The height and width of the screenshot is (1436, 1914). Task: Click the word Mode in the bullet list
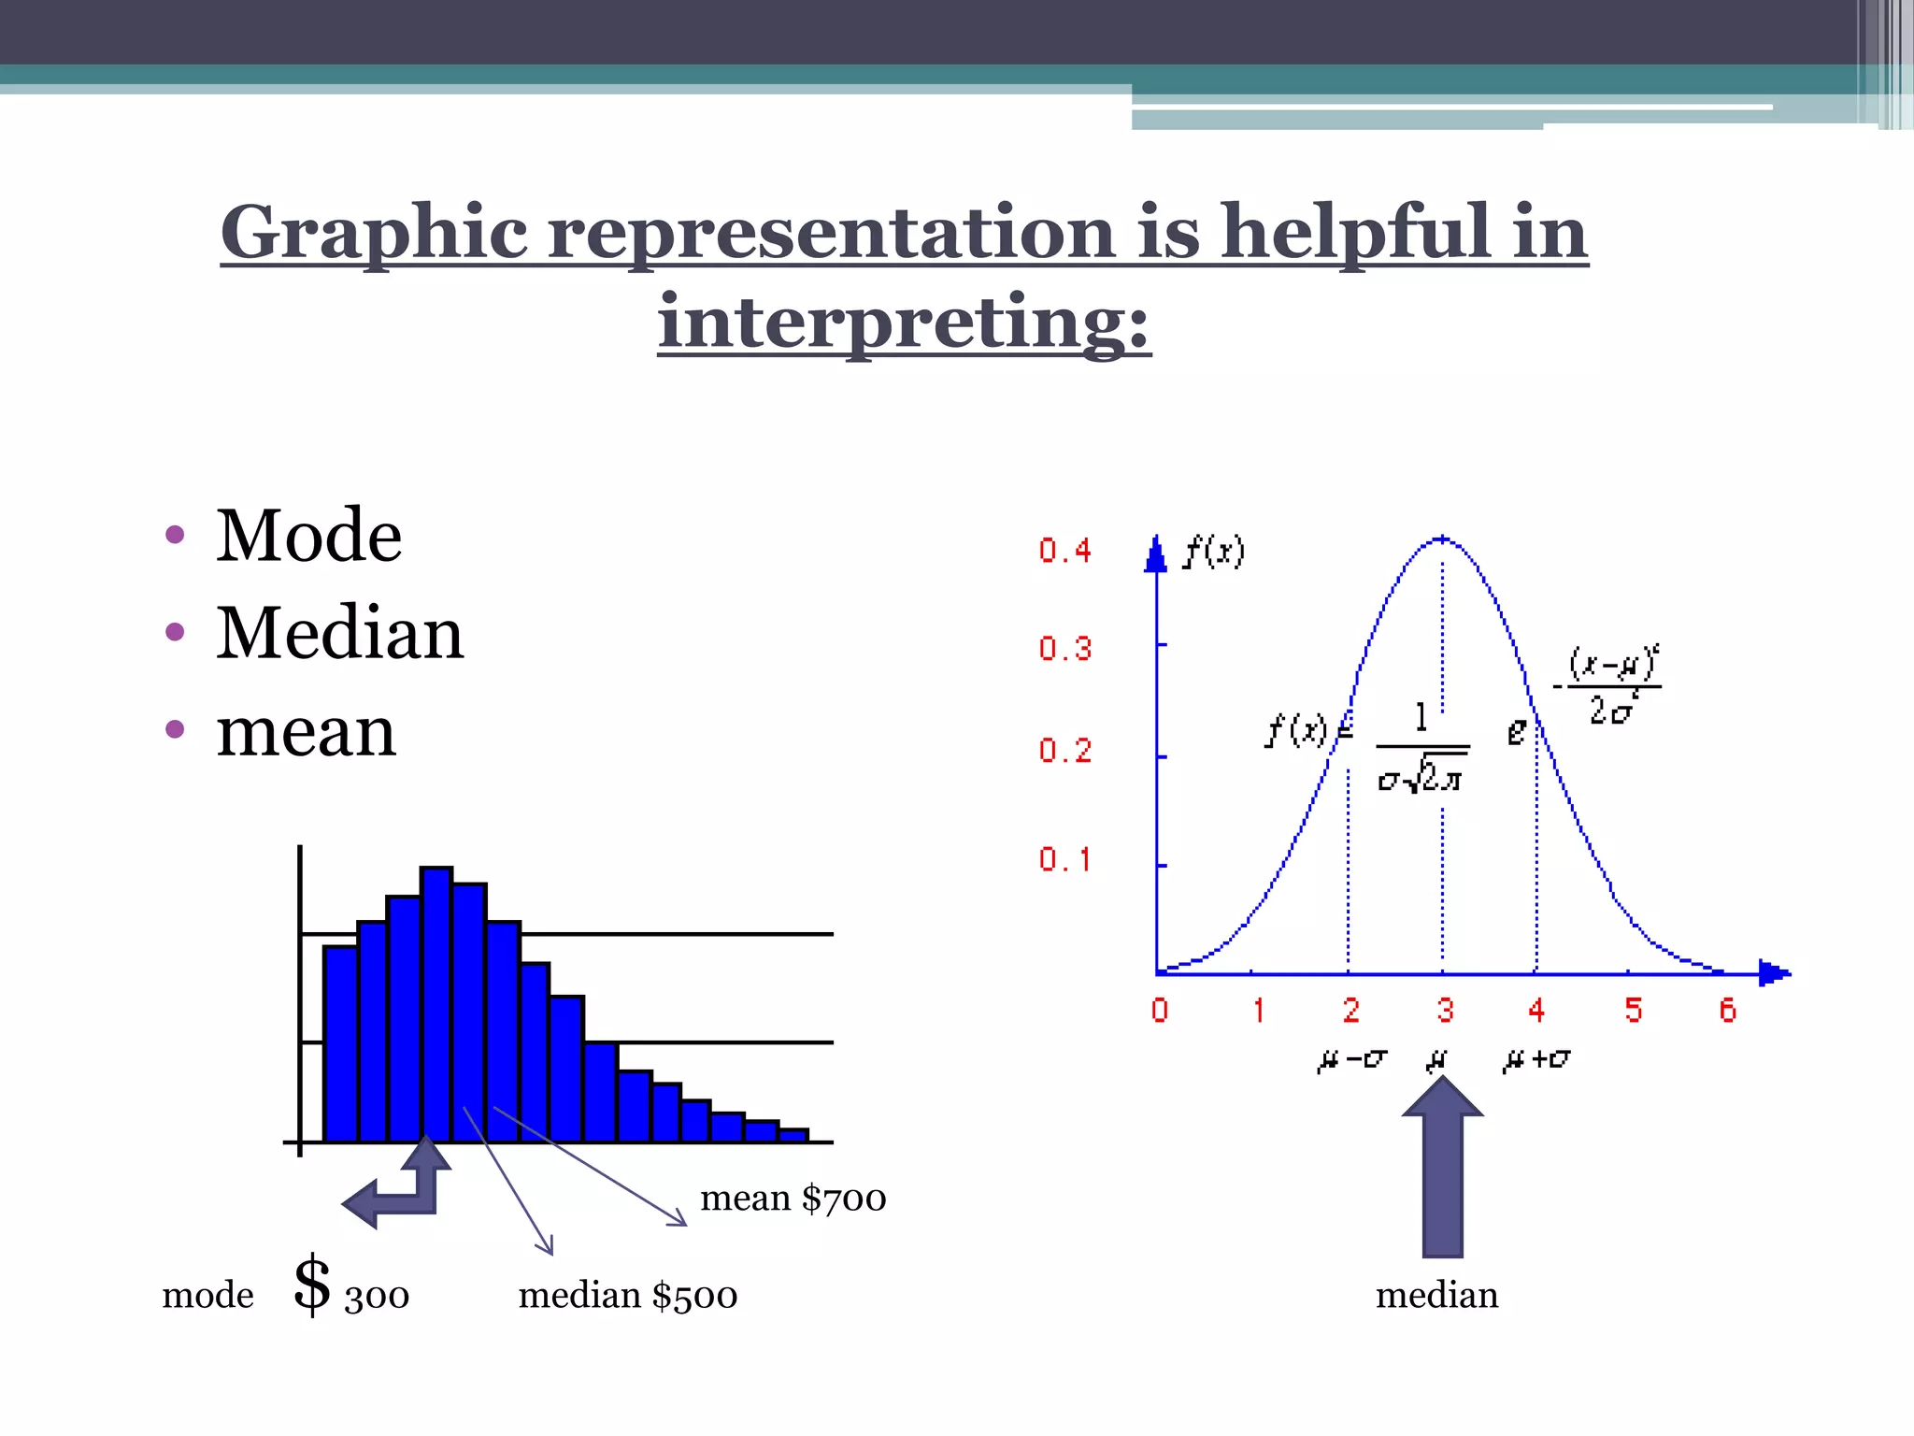[308, 536]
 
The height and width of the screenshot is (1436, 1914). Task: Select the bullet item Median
[339, 633]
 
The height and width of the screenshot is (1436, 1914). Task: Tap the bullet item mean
[306, 731]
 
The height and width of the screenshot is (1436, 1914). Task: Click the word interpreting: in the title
[903, 322]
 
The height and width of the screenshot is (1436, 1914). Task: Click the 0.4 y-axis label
[1064, 551]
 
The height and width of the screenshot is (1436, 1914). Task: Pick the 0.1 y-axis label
[1064, 859]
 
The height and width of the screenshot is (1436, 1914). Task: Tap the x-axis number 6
[1727, 1011]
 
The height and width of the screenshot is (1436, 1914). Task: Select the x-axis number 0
[1160, 1011]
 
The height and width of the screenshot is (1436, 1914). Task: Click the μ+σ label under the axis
[1535, 1060]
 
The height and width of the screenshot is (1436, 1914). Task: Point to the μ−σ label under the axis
[1351, 1060]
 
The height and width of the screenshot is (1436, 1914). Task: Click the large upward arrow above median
[1442, 1169]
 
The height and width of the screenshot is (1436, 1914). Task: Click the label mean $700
[793, 1199]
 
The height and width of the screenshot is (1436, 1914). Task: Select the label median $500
[627, 1296]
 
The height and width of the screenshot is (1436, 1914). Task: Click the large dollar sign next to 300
[312, 1285]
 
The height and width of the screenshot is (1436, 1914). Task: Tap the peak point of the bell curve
[1442, 539]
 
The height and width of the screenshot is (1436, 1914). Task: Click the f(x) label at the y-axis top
[1213, 552]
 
